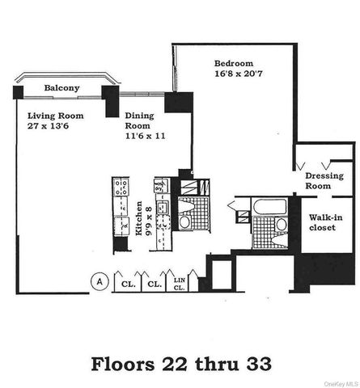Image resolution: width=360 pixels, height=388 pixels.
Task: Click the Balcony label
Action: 61,87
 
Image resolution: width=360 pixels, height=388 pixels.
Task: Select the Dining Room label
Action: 139,121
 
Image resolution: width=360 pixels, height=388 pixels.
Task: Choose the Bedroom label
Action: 233,63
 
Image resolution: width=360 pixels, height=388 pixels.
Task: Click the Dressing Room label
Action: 324,180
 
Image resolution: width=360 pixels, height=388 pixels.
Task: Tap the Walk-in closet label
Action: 327,222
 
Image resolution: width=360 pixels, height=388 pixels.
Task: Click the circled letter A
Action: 100,282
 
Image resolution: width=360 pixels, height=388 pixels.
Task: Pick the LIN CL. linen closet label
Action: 180,282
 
